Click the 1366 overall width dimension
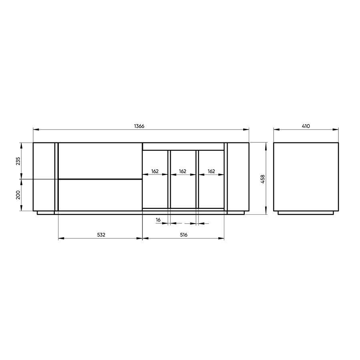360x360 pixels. coord(139,126)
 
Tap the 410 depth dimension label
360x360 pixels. coord(306,126)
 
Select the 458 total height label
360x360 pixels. coord(263,179)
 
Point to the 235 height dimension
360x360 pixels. coord(18,161)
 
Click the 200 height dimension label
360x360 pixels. coord(18,195)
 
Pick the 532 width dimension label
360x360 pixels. coord(101,235)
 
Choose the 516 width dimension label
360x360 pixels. coord(184,235)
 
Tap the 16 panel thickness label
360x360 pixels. coord(158,220)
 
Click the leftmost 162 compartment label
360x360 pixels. coord(155,171)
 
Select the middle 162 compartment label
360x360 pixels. coord(182,171)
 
